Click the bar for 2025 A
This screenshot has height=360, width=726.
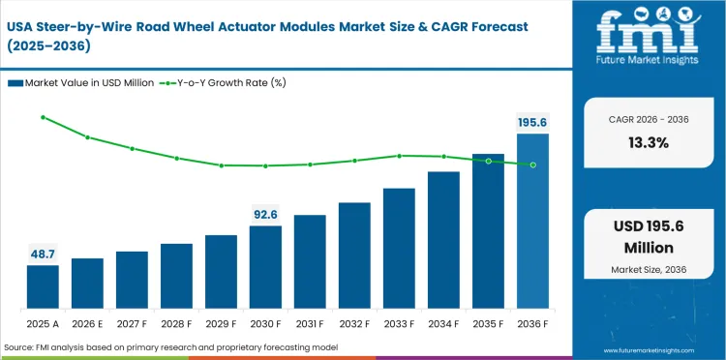(x=43, y=286)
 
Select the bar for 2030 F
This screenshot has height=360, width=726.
(x=265, y=267)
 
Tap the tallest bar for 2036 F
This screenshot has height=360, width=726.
(x=532, y=221)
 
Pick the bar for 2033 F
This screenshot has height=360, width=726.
(x=399, y=248)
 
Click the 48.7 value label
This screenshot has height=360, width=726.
(x=43, y=253)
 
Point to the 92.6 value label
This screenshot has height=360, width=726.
(x=265, y=213)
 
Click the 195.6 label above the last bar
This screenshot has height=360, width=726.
(x=532, y=122)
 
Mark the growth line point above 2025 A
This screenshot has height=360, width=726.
(x=43, y=117)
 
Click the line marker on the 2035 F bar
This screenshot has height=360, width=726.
(x=488, y=161)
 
